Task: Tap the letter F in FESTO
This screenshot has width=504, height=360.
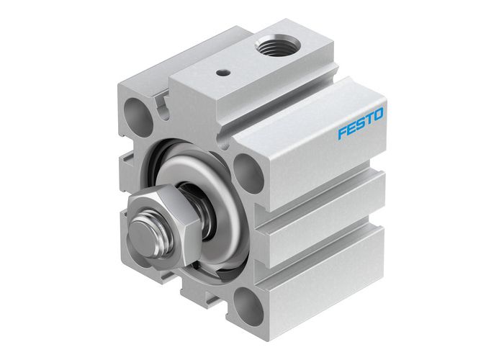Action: [343, 132]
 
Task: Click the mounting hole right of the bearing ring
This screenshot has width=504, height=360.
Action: [246, 171]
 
